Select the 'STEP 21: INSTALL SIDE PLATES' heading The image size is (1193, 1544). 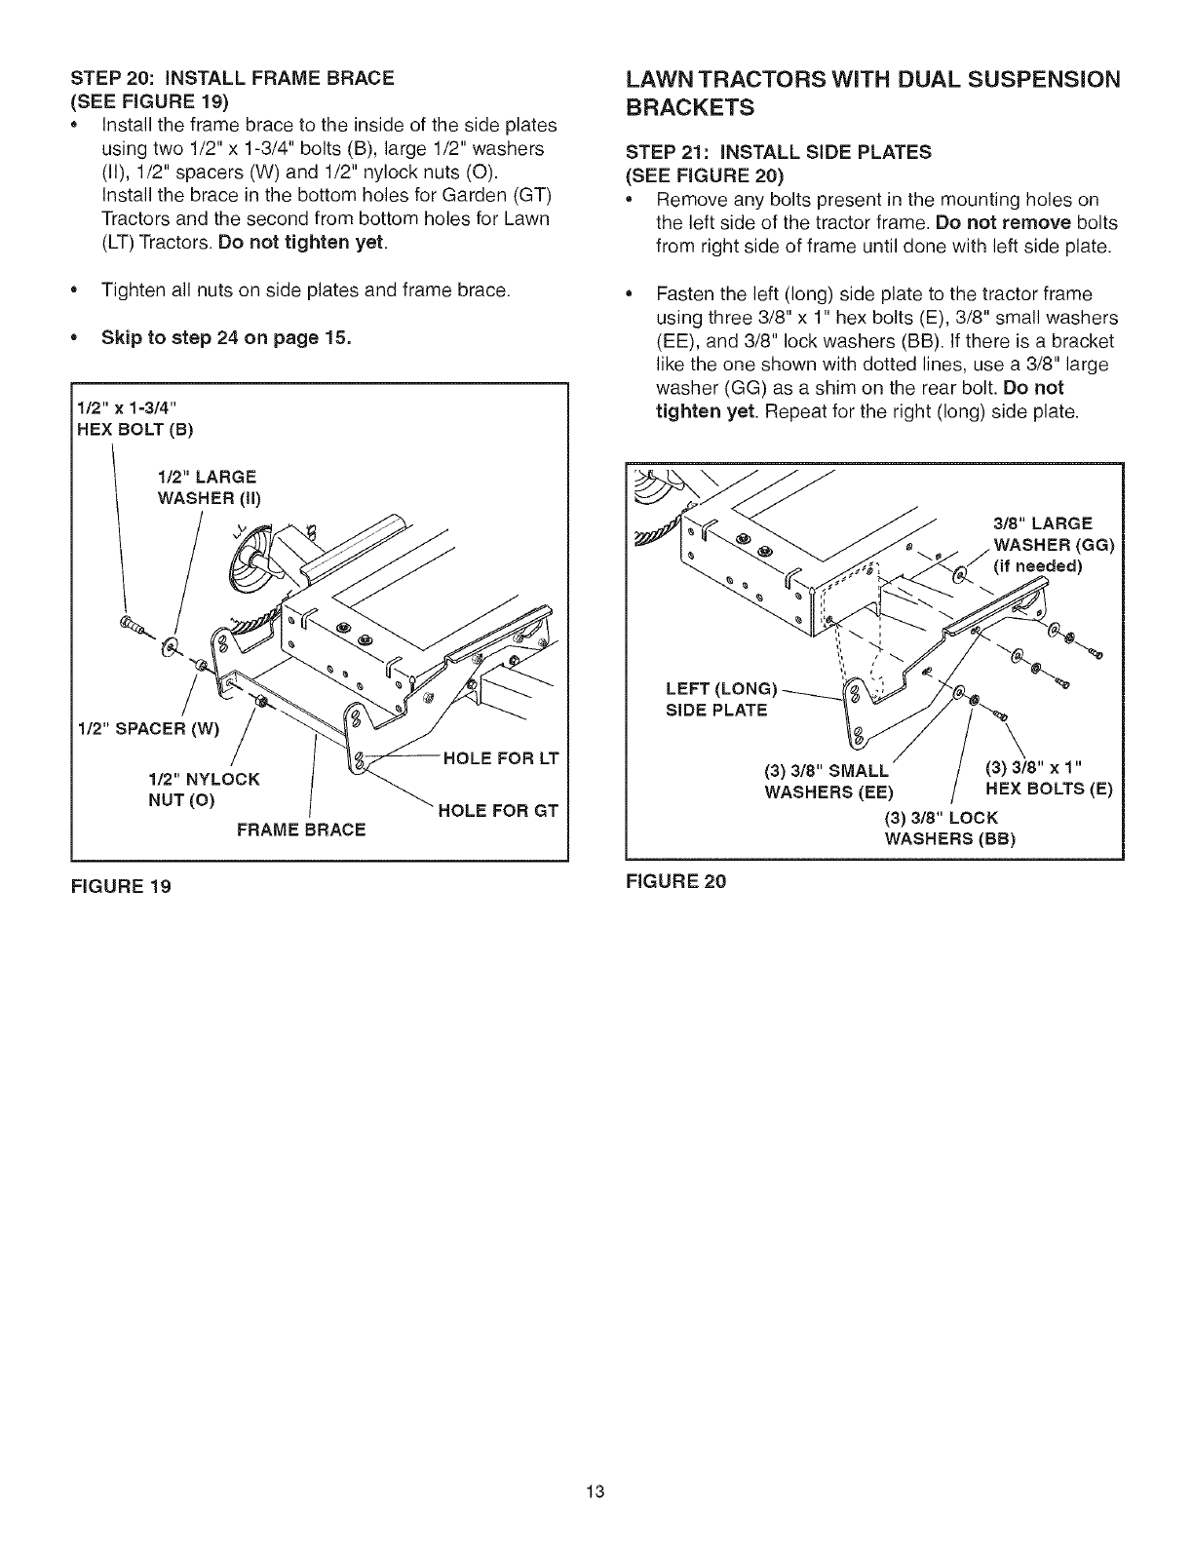tap(791, 151)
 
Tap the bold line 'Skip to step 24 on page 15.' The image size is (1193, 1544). tap(226, 338)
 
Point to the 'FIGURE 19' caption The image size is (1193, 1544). tap(122, 888)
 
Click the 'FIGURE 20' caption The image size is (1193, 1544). tap(676, 881)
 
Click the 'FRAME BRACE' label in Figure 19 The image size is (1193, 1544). tap(301, 830)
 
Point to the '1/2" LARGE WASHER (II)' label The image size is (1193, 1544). tap(208, 487)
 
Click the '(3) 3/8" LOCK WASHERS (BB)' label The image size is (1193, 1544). tap(946, 828)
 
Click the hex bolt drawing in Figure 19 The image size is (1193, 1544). tap(129, 625)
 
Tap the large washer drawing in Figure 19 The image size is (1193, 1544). tap(172, 646)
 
